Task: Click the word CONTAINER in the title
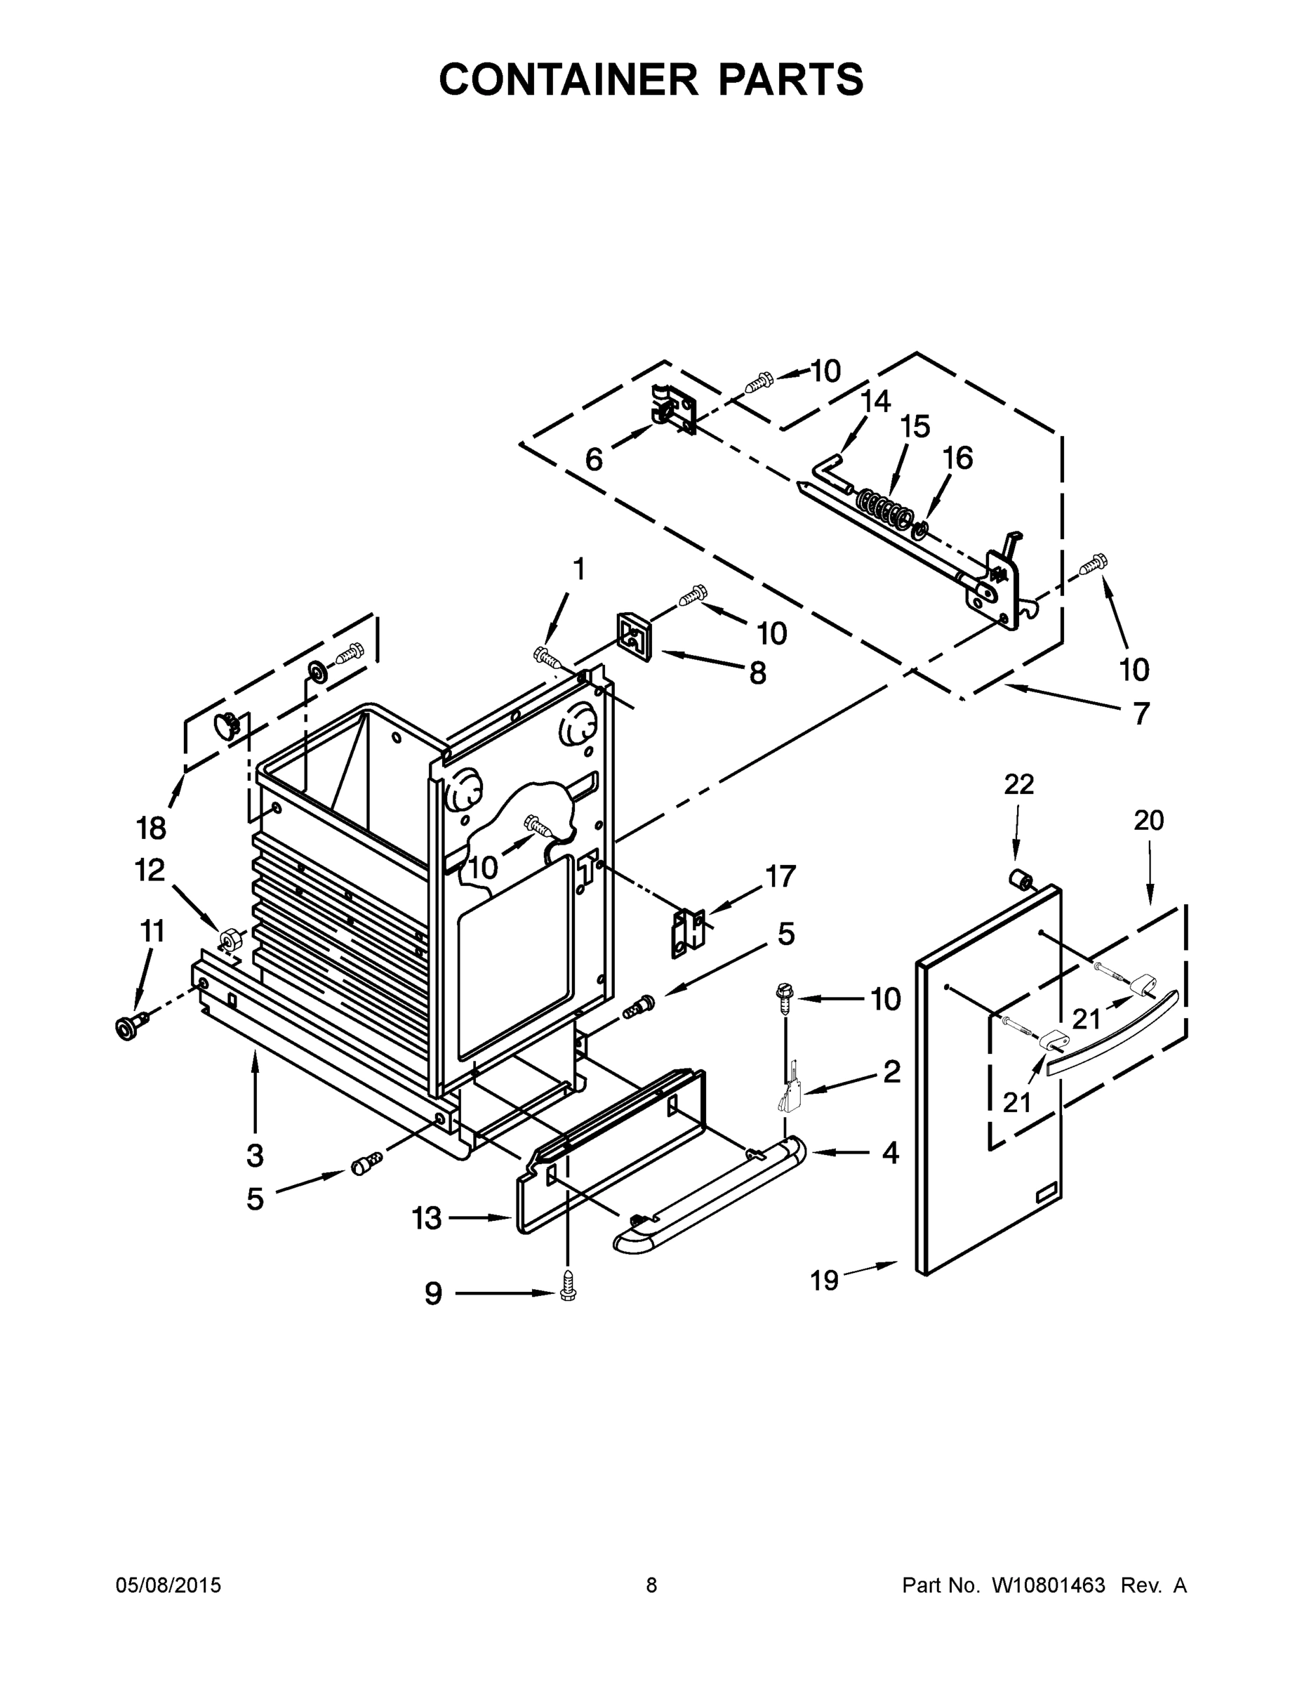coord(568,79)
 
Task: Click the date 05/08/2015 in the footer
coord(168,1585)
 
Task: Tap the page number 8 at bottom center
coord(651,1585)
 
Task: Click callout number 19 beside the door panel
coord(825,1281)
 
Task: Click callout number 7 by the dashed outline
coord(1141,713)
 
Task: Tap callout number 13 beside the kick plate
coord(427,1218)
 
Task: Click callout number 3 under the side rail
coord(255,1156)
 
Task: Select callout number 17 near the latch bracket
coord(780,876)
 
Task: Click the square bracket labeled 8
coord(634,637)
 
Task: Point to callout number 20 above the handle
coord(1148,820)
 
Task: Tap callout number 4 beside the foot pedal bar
coord(890,1153)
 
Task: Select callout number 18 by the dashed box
coord(150,828)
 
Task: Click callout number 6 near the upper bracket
coord(593,460)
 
